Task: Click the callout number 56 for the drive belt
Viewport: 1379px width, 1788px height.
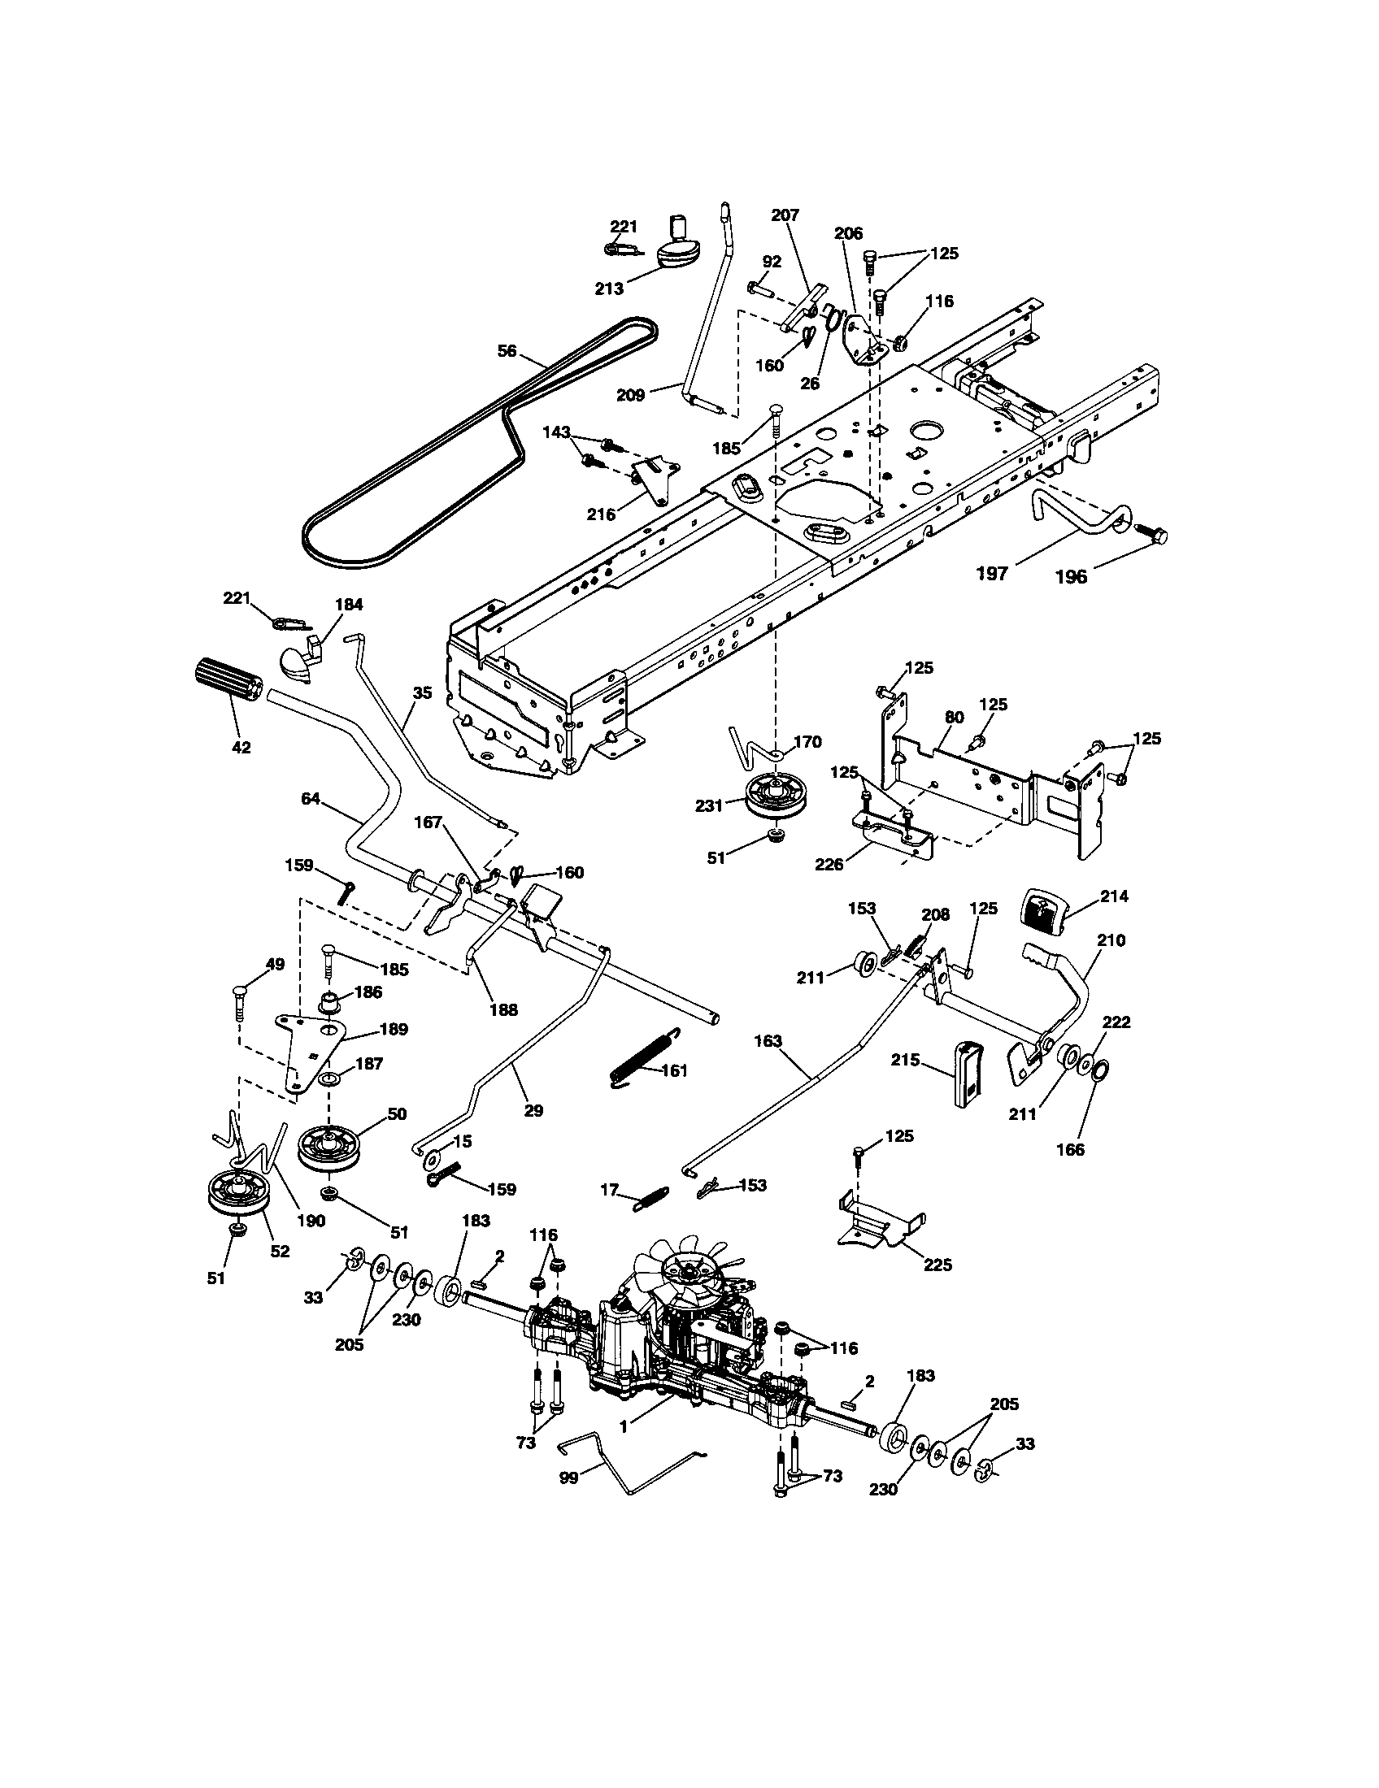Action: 507,350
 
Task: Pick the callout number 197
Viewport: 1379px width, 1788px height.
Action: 992,574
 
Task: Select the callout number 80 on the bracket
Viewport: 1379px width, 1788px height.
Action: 954,716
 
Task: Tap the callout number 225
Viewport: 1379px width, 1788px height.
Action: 937,1264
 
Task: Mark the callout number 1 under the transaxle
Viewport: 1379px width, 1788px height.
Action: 624,1426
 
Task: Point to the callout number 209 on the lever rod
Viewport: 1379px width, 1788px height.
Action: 631,395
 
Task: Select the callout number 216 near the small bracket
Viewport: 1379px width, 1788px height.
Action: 602,514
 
